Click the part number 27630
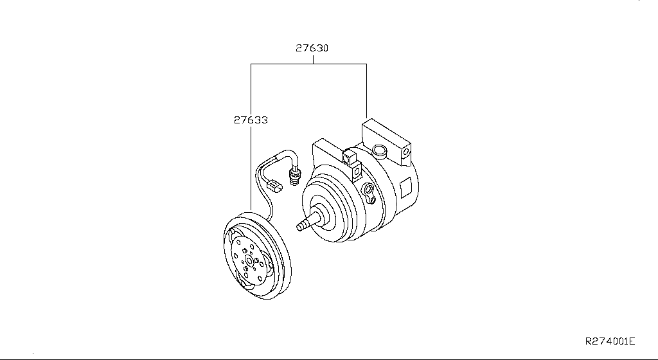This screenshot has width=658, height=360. [312, 48]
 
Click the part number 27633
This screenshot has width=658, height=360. [251, 120]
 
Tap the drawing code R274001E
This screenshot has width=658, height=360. [610, 341]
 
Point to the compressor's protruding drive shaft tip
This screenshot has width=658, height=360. [299, 227]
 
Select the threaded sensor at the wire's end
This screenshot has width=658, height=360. [295, 175]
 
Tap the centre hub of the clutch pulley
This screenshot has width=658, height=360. [250, 262]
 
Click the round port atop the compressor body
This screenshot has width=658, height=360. [379, 150]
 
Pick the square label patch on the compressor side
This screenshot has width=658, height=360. [406, 187]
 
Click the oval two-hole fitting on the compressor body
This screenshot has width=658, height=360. [369, 193]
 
